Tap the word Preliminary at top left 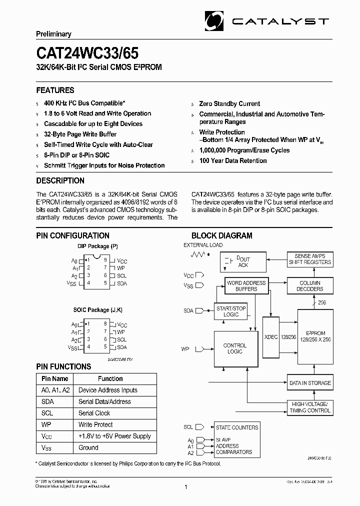pos(53,34)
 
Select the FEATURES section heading pos(55,90)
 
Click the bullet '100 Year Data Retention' pos(233,160)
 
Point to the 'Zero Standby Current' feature pos(229,103)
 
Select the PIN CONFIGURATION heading pos(72,235)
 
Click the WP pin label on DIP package pos(120,268)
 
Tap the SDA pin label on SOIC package pos(121,347)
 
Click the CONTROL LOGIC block pos(235,348)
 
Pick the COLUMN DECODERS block pos(310,286)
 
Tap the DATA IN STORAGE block pos(310,383)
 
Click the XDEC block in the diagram pos(271,337)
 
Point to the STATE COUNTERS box pos(237,427)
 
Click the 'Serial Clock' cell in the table pos(94,413)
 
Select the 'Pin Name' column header pos(55,378)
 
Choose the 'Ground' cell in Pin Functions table pos(88,447)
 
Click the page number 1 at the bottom pos(186,487)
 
